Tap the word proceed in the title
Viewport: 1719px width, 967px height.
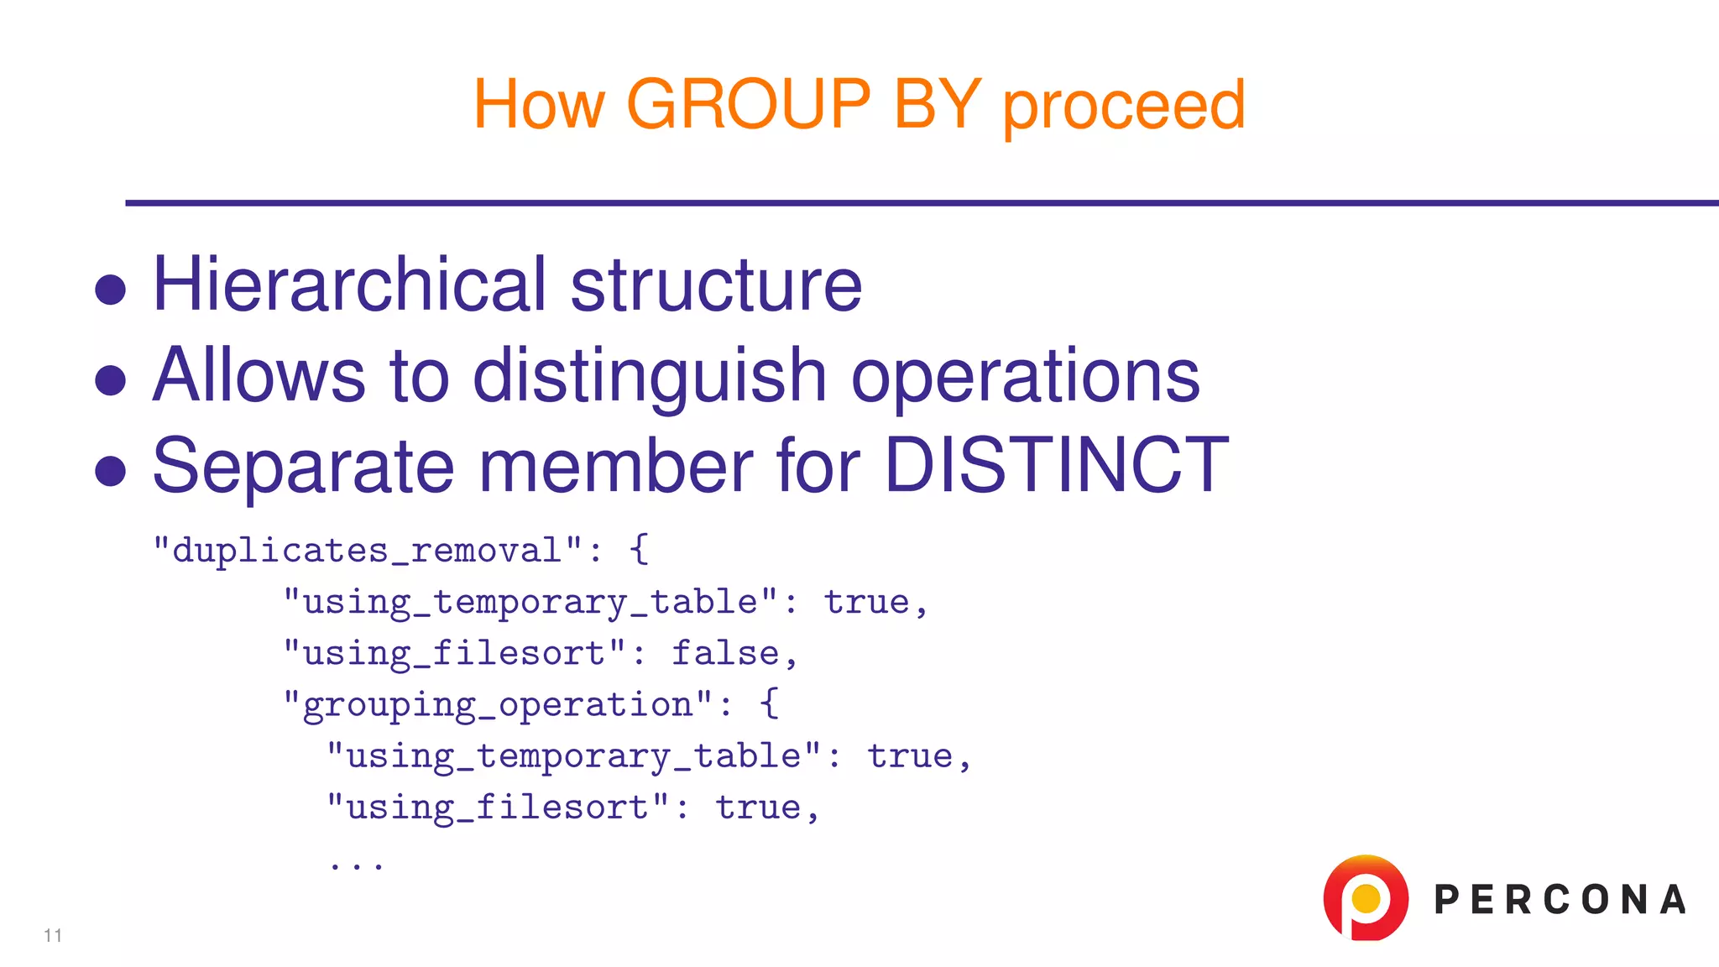[x=1124, y=107]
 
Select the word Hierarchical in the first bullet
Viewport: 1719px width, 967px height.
[x=349, y=285]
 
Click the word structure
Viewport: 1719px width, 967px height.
[x=716, y=286]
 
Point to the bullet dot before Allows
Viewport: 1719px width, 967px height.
[x=111, y=380]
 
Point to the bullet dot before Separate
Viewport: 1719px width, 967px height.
[x=111, y=471]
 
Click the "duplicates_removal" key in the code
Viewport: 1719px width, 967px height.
[x=368, y=551]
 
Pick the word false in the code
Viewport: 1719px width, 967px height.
[x=725, y=653]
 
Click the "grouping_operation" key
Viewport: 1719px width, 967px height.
[x=498, y=704]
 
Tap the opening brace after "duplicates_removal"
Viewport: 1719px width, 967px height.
[x=639, y=550]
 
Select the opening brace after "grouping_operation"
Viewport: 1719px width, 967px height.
[x=769, y=703]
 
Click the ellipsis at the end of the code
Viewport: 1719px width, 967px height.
[x=357, y=863]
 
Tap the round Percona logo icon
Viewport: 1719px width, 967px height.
[x=1366, y=897]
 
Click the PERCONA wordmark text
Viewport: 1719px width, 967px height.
[x=1560, y=900]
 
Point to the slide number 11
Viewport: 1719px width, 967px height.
[x=53, y=935]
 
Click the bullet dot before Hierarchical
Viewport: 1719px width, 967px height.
[x=111, y=290]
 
